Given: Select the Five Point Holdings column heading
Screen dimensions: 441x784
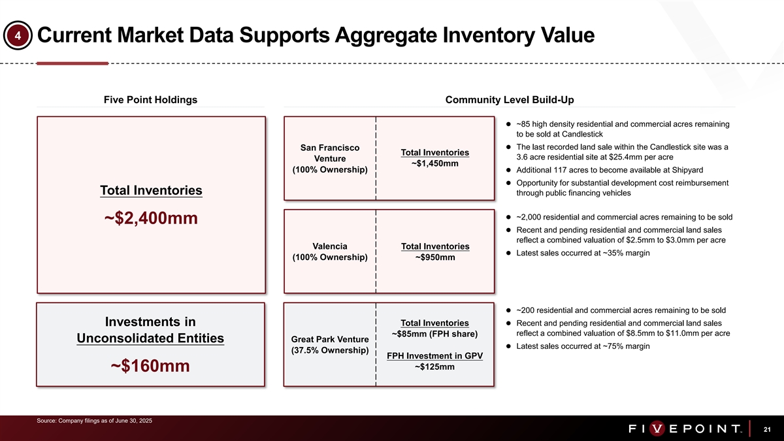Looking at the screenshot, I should click(150, 100).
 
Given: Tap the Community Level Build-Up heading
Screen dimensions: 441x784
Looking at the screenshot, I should click(510, 100).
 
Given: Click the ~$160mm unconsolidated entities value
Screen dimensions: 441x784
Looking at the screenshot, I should click(151, 367).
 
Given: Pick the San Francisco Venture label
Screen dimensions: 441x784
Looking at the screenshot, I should click(330, 159).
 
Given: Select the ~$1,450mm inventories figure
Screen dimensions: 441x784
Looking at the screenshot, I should click(435, 164).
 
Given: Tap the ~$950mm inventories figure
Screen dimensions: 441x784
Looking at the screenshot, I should click(435, 257).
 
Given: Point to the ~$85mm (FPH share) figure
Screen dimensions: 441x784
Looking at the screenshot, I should click(435, 335).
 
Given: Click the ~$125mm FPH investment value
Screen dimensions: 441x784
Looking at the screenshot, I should click(435, 367).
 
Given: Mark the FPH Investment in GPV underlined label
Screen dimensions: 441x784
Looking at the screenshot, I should click(435, 356).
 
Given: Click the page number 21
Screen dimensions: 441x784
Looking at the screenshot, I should click(767, 429).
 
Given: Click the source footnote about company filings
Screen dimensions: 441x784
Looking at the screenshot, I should click(95, 420).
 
